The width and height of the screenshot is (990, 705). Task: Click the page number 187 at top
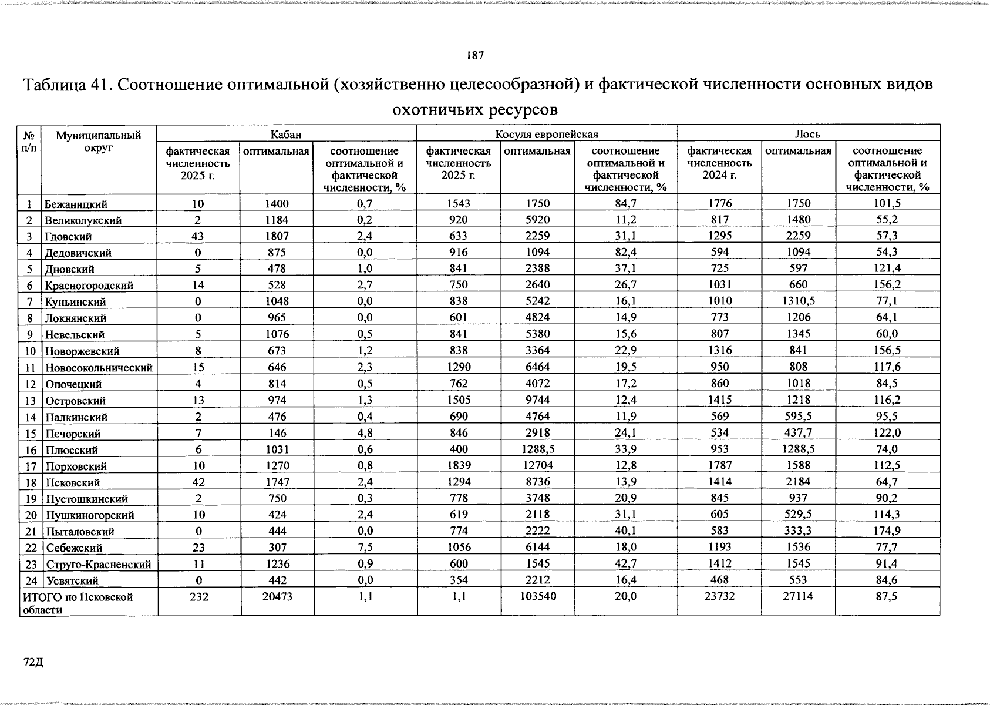coord(475,56)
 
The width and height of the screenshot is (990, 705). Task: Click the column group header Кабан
coord(286,135)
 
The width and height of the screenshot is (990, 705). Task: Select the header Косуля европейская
coord(547,135)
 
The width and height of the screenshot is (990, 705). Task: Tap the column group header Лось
coord(808,135)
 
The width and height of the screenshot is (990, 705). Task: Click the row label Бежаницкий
coord(76,204)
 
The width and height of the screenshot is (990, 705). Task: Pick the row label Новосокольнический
coord(99,368)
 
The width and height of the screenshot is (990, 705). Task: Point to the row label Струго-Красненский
coord(98,565)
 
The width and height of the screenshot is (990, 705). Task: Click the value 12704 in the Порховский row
coord(537,466)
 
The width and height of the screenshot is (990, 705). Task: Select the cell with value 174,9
coord(887,531)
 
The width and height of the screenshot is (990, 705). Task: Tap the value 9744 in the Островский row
coord(537,401)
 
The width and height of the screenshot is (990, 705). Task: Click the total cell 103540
coord(537,596)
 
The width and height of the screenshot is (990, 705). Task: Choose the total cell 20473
coord(277,596)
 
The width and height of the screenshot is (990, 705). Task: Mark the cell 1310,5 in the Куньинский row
coord(799,301)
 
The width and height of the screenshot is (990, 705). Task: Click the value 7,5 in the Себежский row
coord(365,548)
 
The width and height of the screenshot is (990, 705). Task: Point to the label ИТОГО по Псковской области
coord(78,603)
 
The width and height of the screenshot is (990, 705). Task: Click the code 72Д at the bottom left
coord(33,663)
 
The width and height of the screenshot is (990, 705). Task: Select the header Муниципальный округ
coord(98,142)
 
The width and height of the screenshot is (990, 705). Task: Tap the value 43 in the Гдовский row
coord(198,236)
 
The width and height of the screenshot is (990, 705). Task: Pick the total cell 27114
coord(799,596)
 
